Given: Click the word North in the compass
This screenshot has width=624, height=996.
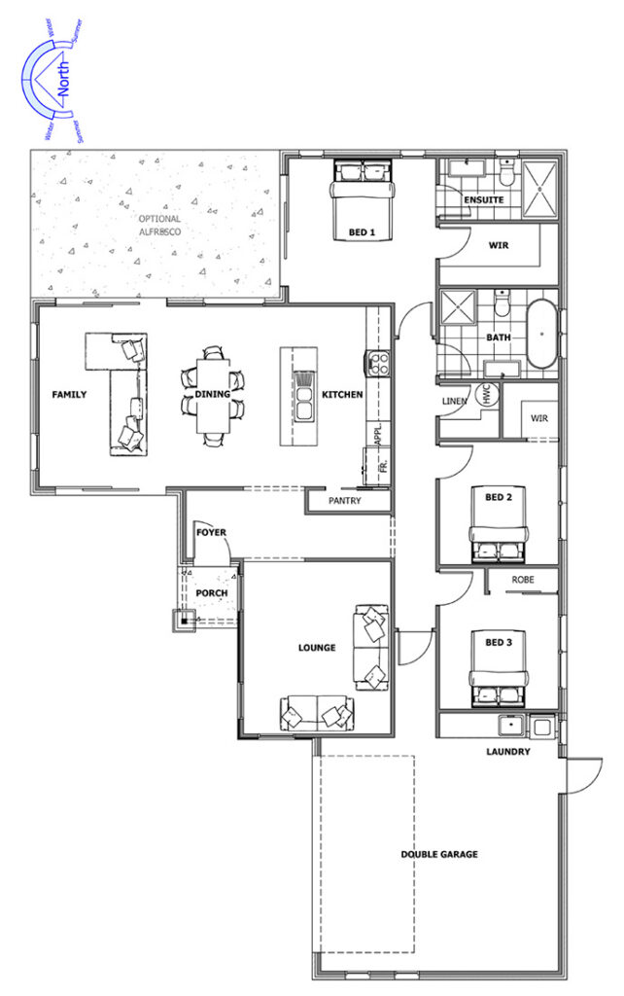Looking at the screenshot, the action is point(63,80).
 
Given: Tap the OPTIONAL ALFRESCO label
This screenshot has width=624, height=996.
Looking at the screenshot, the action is point(160,226).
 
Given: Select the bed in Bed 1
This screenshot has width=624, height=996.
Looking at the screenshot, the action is point(363,199).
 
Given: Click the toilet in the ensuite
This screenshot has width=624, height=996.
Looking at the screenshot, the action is point(507,170).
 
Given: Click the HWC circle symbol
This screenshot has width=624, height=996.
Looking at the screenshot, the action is point(488,397).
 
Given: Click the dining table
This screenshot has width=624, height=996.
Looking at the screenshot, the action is point(213,395).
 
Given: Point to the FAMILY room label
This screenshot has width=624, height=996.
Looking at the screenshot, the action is point(69,395).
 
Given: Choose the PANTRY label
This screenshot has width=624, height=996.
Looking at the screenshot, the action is point(345,501).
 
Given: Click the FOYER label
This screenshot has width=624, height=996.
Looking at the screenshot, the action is point(211,532).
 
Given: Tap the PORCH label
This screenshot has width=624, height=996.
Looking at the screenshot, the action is point(211,592).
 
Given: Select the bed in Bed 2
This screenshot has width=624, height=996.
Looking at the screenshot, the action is point(499,525).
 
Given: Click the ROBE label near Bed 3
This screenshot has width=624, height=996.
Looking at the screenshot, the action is point(523,580).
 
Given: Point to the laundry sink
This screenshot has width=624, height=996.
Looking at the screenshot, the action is point(509,726).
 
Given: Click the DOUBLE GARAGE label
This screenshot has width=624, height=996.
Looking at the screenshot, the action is point(439,854).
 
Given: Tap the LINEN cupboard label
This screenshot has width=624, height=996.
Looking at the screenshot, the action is point(455,402).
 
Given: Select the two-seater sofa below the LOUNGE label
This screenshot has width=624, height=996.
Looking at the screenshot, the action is point(316,713).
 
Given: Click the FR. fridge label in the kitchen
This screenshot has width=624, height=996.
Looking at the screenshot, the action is point(383,465).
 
